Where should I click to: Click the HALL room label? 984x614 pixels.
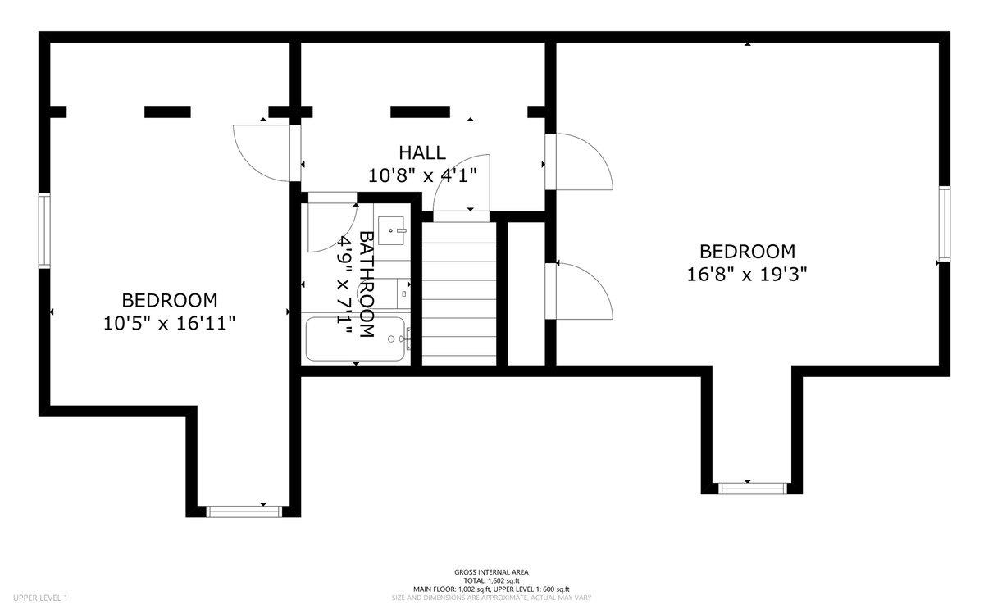[422, 152]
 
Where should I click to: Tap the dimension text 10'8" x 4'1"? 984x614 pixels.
[422, 176]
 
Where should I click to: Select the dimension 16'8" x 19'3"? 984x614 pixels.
[747, 275]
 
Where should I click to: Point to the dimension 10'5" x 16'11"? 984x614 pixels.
[169, 324]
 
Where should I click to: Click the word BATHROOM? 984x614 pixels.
[367, 284]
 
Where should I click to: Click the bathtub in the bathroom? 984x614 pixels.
[355, 339]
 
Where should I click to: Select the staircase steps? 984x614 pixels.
[459, 293]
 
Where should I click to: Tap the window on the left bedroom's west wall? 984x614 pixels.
[44, 230]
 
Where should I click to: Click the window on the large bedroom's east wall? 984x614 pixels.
[945, 224]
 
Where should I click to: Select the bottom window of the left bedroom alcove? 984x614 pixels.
[244, 512]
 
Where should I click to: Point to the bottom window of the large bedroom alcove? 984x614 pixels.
[753, 489]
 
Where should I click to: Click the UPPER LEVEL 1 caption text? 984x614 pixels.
[40, 598]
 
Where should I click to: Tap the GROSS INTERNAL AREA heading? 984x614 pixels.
[491, 572]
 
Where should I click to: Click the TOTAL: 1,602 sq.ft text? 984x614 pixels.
[491, 580]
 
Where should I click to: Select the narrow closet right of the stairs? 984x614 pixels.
[526, 293]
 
